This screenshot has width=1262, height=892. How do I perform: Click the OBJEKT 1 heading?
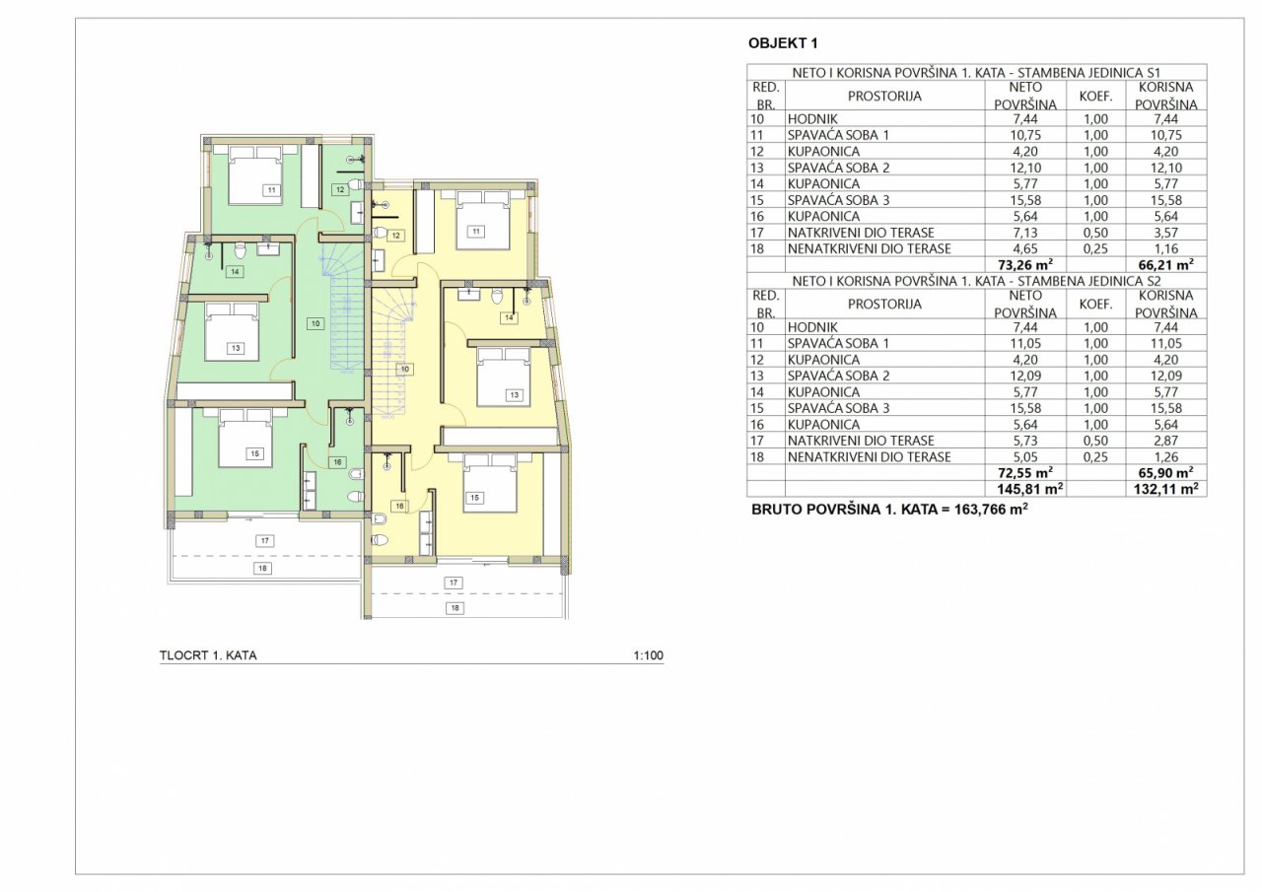coord(783,43)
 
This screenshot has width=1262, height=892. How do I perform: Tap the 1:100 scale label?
coord(648,655)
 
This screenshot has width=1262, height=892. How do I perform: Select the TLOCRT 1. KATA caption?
coord(208,655)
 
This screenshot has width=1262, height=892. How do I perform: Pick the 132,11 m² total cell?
coord(1165,489)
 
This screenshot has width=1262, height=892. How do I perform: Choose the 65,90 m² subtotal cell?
coord(1165,472)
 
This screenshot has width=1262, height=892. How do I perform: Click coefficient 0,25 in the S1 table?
coord(1095,249)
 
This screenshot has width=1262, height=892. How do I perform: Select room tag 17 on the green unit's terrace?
coord(265,541)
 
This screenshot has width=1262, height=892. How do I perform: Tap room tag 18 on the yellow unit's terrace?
coord(455,608)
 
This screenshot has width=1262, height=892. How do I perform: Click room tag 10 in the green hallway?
coord(315,324)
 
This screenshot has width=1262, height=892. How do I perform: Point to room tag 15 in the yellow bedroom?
coord(475,498)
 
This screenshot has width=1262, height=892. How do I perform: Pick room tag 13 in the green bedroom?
coord(236,348)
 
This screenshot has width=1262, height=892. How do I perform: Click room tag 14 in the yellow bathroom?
coord(509,318)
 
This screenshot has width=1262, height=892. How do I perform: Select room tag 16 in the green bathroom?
coord(337,462)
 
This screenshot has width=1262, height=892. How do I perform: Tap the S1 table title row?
coord(977,73)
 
